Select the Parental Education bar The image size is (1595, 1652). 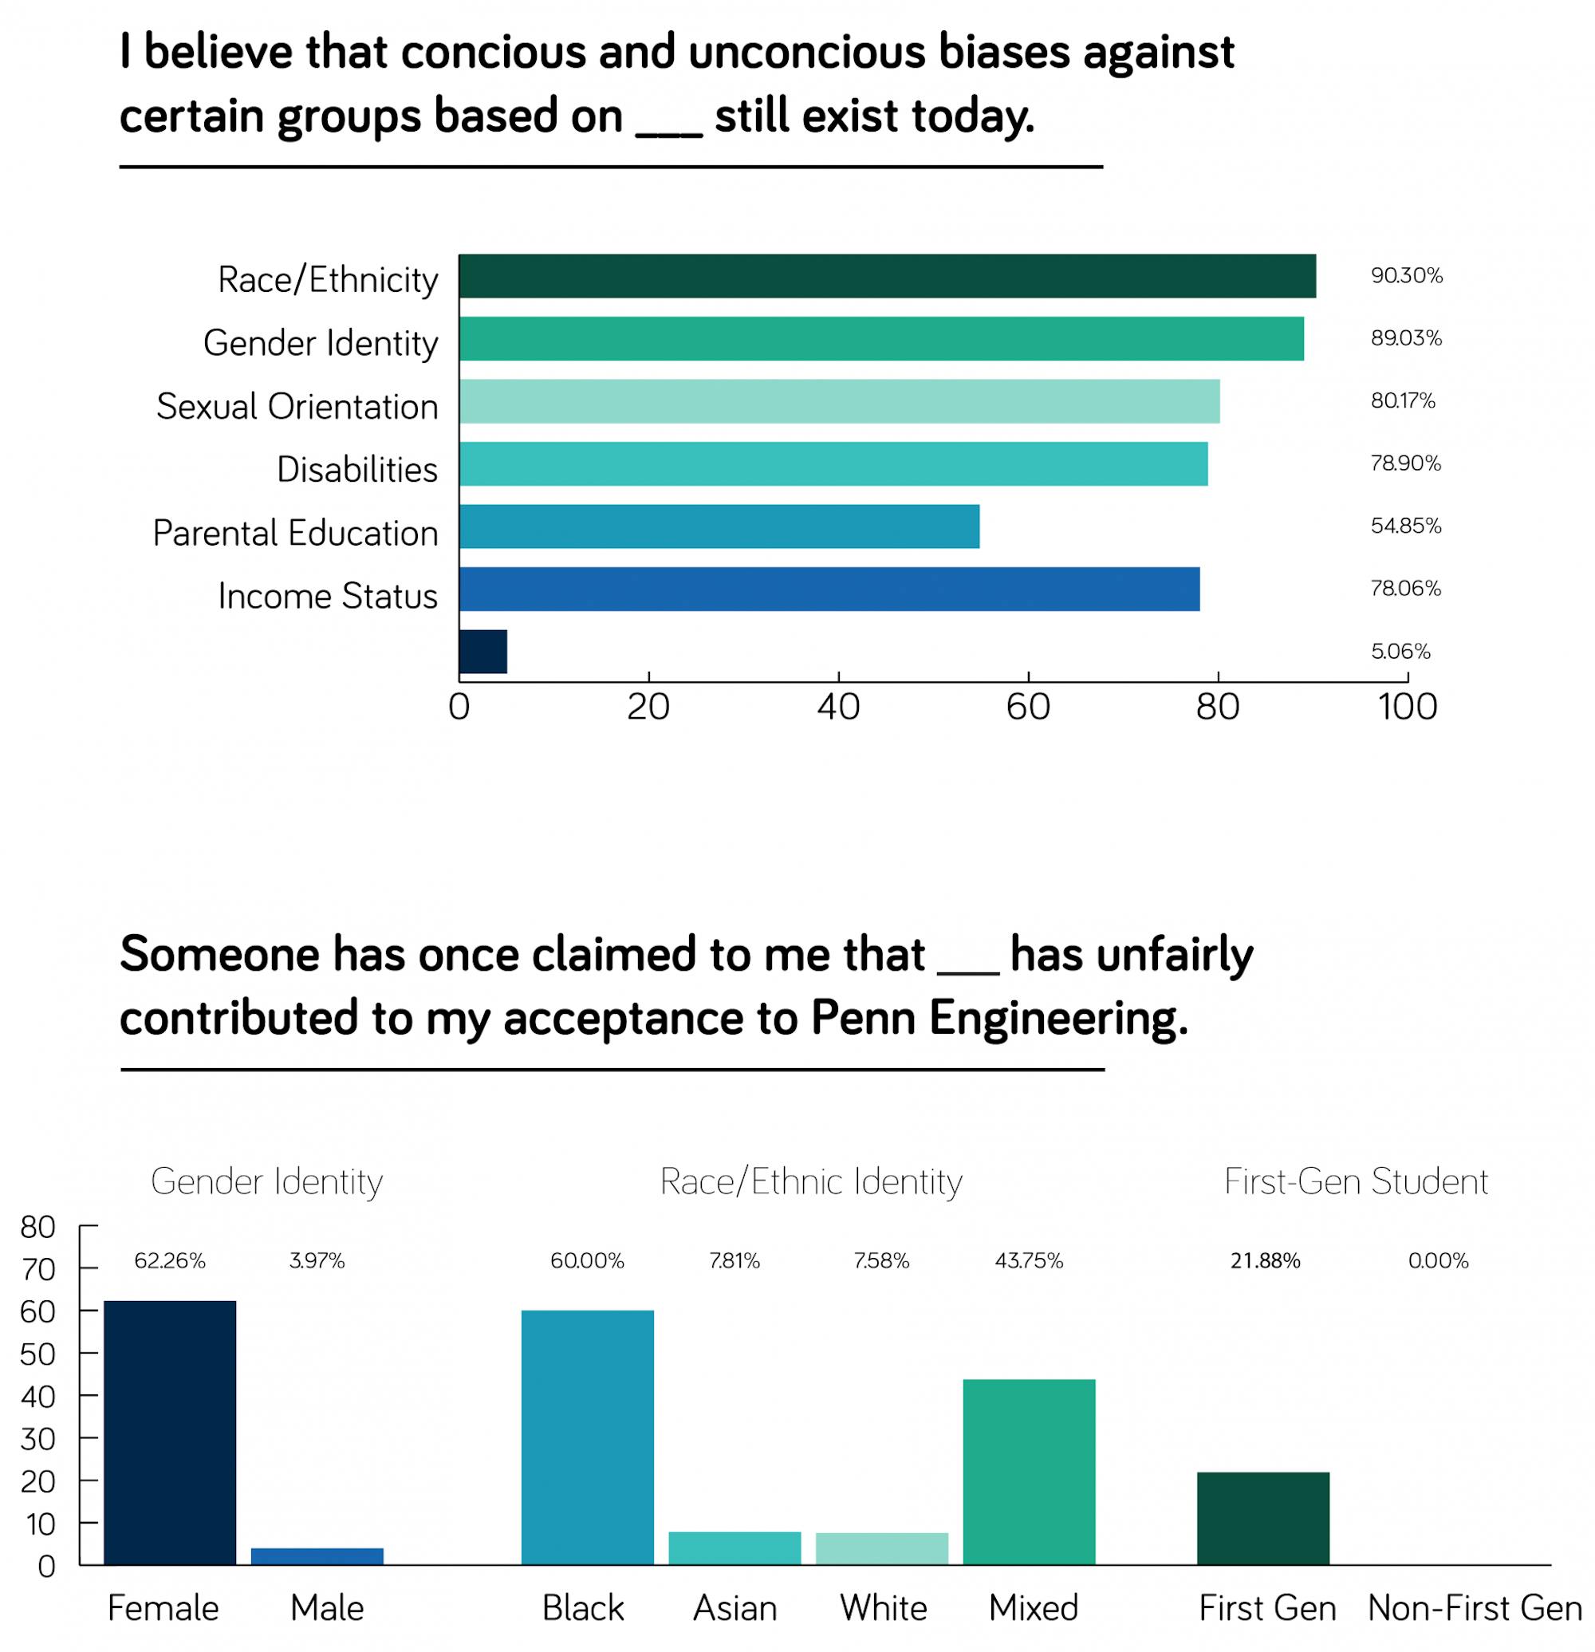point(719,526)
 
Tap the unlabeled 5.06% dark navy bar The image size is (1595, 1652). point(482,652)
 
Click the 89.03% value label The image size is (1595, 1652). point(1405,338)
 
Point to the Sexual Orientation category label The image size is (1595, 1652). point(297,406)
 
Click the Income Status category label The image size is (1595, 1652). point(328,596)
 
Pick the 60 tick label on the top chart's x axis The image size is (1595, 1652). point(1028,706)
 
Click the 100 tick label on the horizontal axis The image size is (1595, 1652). point(1407,706)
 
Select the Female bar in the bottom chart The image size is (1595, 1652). point(169,1432)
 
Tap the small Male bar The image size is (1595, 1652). point(317,1556)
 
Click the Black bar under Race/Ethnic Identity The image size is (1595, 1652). point(587,1437)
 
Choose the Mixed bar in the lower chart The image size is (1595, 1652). point(1029,1472)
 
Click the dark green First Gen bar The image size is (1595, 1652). point(1263,1518)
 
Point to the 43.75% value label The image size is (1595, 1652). point(1029,1261)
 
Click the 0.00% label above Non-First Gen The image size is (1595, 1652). point(1438,1261)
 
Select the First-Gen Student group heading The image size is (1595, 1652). point(1356,1181)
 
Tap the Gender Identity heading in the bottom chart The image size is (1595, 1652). point(266,1181)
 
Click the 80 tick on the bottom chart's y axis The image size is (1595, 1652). point(38,1227)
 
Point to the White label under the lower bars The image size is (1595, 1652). point(883,1608)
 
